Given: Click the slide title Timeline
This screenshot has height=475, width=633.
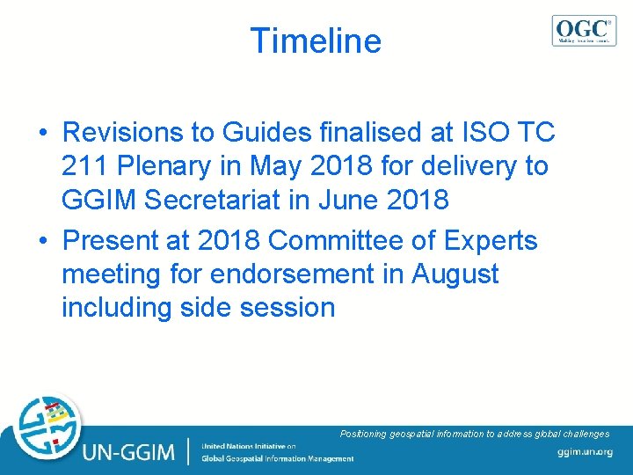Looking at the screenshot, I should click(x=316, y=41).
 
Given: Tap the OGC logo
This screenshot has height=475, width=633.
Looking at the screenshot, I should click(x=584, y=30).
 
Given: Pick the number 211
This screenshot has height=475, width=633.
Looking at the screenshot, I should click(x=86, y=166).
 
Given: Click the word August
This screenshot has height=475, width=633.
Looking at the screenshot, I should click(x=455, y=274).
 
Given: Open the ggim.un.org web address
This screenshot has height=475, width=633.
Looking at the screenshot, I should click(x=584, y=452).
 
